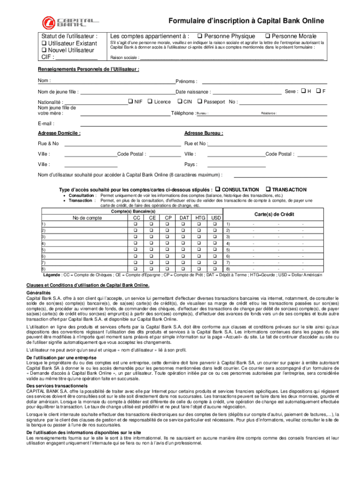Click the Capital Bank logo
(71, 22)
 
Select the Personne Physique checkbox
(199, 36)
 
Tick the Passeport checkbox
(200, 102)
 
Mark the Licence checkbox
(150, 102)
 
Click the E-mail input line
(203, 124)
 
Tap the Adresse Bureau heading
(203, 133)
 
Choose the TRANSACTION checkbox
(268, 189)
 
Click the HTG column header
(200, 218)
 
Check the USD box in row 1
(216, 225)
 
